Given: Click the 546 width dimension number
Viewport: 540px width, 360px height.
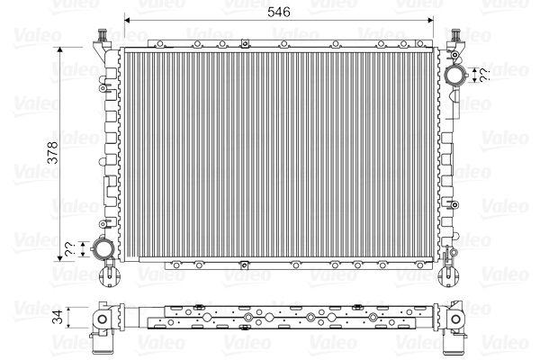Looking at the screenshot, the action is pos(279,12).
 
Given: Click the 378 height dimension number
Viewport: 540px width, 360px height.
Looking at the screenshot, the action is pos(53,152).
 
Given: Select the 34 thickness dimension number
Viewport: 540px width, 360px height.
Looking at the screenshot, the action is pos(58,317).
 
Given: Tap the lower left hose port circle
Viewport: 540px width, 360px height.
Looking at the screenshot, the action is pos(103,248).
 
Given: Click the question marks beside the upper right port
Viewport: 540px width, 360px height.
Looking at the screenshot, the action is pos(484,75).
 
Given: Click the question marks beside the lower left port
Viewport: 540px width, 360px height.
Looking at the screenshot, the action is pos(69,249).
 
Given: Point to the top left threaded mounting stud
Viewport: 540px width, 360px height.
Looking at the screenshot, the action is pos(103,35).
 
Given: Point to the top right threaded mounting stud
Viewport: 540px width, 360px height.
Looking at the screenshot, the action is pos(455,35).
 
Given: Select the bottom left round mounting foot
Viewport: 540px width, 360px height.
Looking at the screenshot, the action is pos(110,276).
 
